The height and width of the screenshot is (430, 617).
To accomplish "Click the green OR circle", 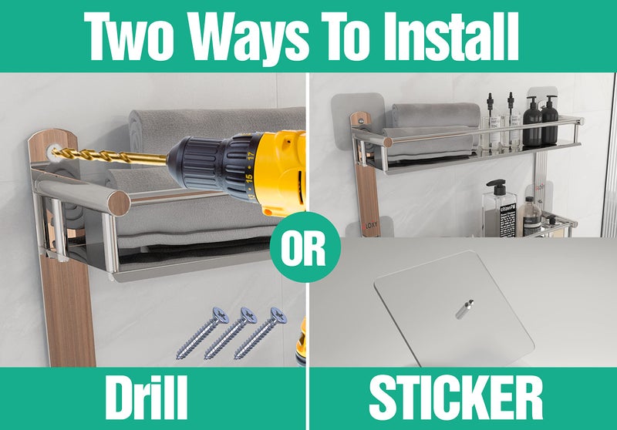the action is pos(303,247).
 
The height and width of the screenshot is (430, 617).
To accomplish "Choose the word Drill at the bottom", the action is pos(146,398).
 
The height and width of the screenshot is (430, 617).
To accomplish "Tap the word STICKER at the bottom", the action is pos(456,398).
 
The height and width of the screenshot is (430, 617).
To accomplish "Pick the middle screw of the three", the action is pos(231,333).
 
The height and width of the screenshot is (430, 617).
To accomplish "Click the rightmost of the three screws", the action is pos(261,333).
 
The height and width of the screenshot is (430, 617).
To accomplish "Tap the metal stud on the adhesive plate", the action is pos(465,309).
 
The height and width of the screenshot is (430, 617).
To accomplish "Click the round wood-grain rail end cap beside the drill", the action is pos(119,203).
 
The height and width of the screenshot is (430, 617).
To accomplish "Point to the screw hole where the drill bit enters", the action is pos(52,150).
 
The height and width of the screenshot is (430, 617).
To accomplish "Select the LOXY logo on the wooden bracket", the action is pos(370,225).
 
